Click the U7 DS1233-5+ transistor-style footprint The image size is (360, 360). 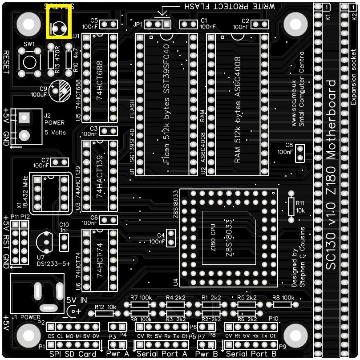44,241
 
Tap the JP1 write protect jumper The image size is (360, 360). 158,24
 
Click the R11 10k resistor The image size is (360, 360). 291,206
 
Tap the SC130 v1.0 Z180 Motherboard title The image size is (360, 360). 331,174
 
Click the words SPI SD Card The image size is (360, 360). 73,354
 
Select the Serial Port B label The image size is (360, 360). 252,354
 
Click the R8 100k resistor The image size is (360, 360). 282,305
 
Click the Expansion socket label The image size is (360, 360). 354,76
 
